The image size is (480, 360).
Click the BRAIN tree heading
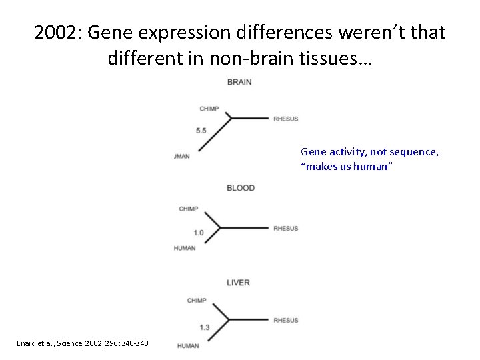tap(239, 82)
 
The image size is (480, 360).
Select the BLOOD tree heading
tap(241, 188)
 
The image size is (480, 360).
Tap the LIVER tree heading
tap(238, 283)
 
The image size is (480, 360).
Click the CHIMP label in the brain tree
tap(209, 109)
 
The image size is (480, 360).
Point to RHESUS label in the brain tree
tap(285, 119)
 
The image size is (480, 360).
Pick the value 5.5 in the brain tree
tap(201, 131)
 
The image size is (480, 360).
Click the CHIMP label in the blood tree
tap(188, 209)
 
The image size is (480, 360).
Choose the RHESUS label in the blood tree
tap(285, 229)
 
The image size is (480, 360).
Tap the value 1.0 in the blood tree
tap(199, 233)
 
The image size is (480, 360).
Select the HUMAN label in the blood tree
tap(185, 248)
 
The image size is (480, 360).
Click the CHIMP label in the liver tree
tap(197, 301)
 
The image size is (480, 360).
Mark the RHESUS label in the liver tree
tap(285, 321)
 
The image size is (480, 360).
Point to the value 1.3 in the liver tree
tap(205, 327)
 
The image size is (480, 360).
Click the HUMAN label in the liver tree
tap(188, 345)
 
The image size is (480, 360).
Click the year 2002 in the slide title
tap(57, 32)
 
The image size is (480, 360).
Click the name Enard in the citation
tap(27, 343)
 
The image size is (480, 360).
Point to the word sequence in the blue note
tap(416, 152)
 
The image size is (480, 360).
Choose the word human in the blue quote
tap(370, 167)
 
